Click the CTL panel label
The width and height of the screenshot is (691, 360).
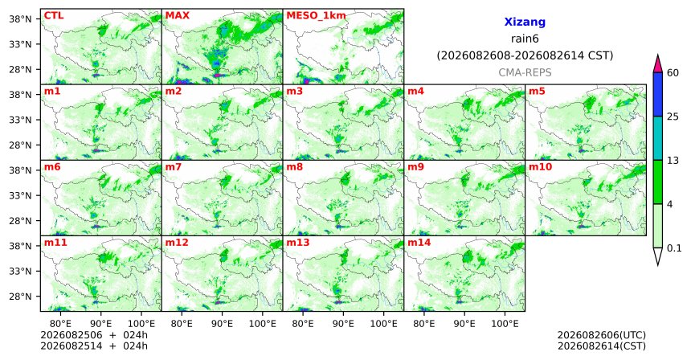point(54,15)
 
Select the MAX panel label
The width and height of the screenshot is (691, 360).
point(177,15)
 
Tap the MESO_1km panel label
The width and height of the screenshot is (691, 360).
point(316,16)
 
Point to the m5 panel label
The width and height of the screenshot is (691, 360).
point(537,92)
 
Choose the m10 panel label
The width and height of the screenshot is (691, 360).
point(540,167)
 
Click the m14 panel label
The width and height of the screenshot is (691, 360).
point(419,243)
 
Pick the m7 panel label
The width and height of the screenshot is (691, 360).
point(174,167)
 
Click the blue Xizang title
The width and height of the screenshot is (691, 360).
point(525,22)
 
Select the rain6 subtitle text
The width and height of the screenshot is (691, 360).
point(525,39)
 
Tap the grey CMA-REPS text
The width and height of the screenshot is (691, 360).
point(525,72)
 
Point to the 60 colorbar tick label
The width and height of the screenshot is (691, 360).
point(673,72)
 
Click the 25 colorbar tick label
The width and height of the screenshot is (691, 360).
point(673,117)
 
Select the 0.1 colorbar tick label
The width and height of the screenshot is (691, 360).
point(674,248)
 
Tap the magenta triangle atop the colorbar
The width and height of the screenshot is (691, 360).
point(658,64)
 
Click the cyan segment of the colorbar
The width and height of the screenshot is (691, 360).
point(658,138)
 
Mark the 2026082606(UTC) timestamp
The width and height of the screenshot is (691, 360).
point(602,336)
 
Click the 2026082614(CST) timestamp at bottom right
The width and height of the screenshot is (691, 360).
point(602,346)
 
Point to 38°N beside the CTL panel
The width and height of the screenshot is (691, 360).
point(20,18)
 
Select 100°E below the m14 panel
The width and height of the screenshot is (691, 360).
point(505,324)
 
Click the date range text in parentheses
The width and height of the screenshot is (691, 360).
point(525,55)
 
